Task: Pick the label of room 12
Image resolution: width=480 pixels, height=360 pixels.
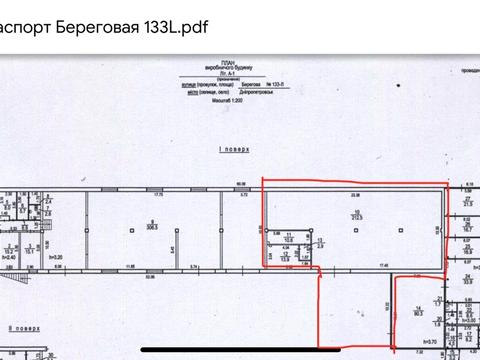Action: pos(287,256)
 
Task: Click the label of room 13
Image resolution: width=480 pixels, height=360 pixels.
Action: pos(319,241)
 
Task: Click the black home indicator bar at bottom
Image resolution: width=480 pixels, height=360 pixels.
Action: pos(240,349)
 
